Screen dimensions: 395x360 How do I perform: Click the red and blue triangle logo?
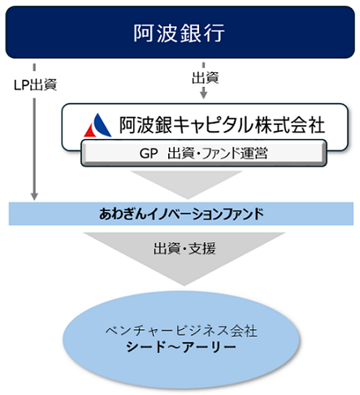pos(99,125)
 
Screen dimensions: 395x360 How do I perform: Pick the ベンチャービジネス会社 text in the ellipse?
pos(180,332)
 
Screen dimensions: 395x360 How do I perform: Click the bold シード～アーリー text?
pos(180,348)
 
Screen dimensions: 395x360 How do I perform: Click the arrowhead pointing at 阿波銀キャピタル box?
pos(203,96)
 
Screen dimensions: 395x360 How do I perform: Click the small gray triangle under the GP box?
pos(180,184)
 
